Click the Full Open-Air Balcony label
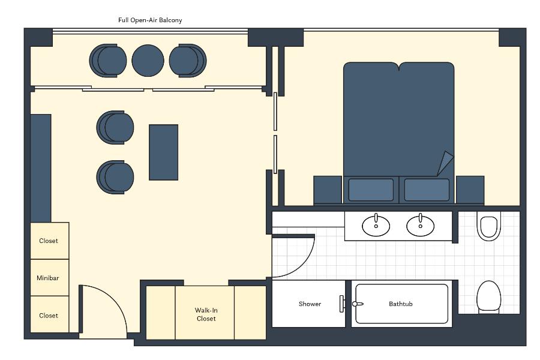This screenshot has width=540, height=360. click(150, 20)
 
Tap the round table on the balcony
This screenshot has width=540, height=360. click(148, 61)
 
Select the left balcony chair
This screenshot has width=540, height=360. click(108, 61)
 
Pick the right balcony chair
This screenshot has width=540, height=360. click(188, 61)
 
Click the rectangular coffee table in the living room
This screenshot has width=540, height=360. click(164, 152)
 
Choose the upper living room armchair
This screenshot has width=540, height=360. click(115, 127)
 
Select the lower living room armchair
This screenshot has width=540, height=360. click(115, 177)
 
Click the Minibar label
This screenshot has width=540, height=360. click(48, 278)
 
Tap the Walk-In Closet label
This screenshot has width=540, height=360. click(206, 314)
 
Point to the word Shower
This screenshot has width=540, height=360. click(310, 304)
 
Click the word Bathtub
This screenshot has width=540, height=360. click(401, 304)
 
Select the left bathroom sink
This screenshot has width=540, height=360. click(376, 226)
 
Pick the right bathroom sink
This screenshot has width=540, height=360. click(420, 226)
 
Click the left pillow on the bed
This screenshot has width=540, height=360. click(371, 190)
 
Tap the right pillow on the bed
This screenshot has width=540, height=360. click(427, 190)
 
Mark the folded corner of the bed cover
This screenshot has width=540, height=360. click(445, 163)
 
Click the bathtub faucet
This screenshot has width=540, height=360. click(358, 304)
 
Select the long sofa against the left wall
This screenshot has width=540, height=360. click(41, 168)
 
